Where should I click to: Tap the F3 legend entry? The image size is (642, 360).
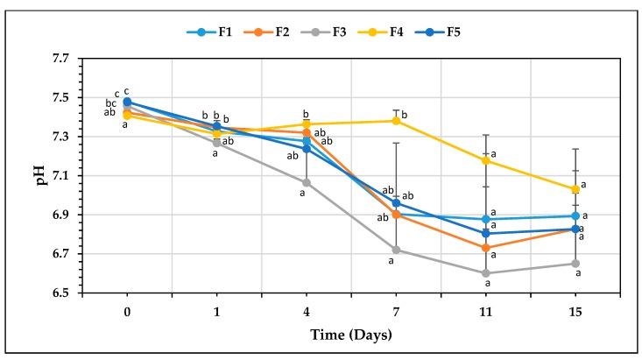coord(338,32)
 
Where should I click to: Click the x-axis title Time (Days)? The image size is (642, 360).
coord(351,334)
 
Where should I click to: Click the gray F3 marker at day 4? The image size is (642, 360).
coord(307,182)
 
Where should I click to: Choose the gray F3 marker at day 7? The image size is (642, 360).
coord(396,250)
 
